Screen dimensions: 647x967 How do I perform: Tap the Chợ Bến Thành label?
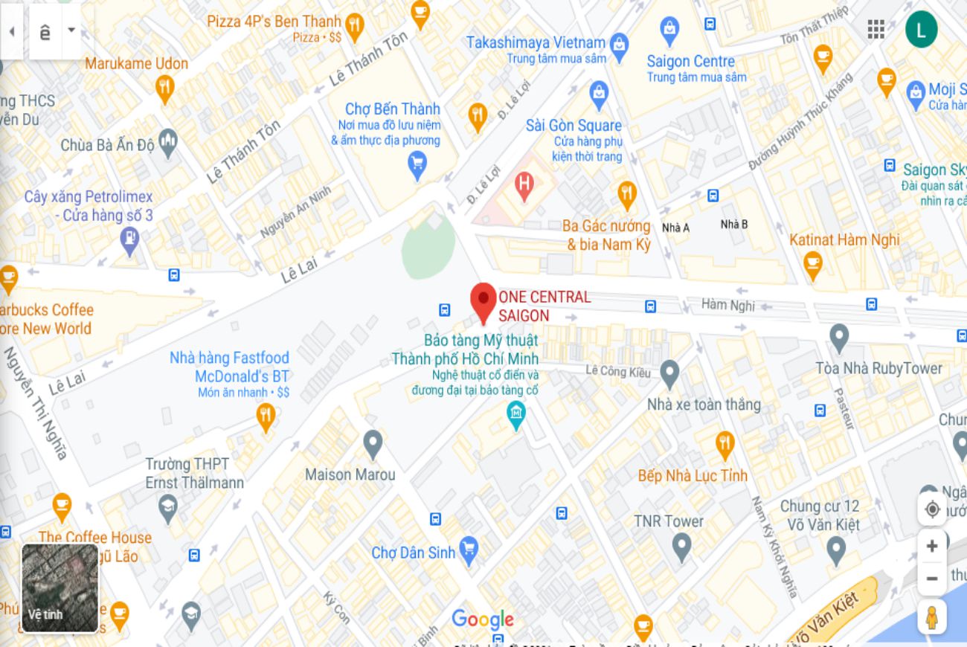click(x=392, y=109)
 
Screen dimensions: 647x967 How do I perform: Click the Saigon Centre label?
click(x=690, y=62)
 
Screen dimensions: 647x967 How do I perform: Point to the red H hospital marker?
click(x=524, y=184)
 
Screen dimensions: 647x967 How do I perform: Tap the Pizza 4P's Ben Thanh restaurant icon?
click(x=355, y=26)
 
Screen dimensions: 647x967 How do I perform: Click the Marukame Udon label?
click(x=136, y=64)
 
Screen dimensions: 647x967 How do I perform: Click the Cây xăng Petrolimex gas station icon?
click(x=130, y=239)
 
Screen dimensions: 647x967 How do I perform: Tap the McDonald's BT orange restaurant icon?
click(x=266, y=415)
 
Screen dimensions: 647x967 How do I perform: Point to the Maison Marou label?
click(x=350, y=474)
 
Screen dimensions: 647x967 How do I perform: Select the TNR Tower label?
click(x=668, y=521)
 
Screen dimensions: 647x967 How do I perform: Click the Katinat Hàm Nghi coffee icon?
click(x=813, y=263)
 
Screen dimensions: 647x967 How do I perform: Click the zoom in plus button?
click(x=931, y=547)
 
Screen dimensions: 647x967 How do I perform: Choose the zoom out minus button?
click(x=931, y=578)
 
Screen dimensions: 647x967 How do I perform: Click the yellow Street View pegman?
click(x=931, y=618)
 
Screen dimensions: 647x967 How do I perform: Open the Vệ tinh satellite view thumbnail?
click(x=60, y=588)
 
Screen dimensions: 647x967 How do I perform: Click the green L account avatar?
click(x=921, y=30)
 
